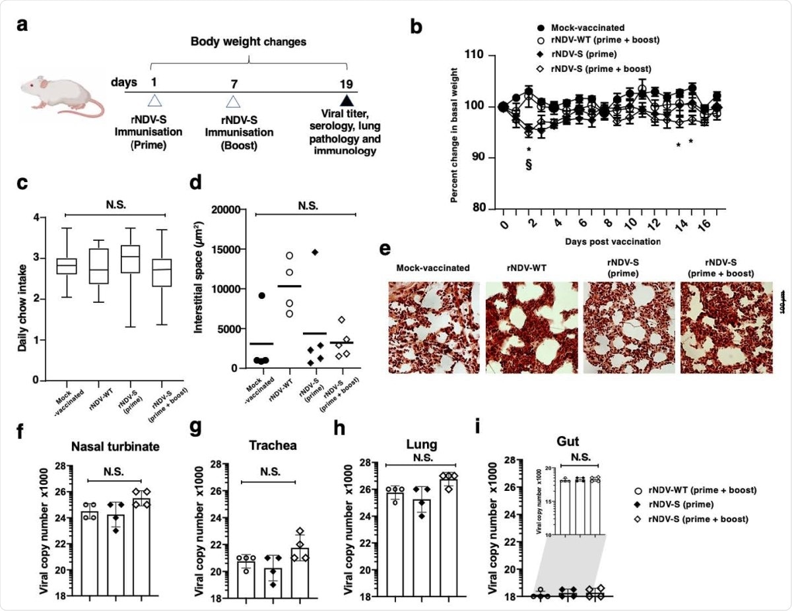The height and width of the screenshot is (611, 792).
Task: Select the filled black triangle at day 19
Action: click(345, 101)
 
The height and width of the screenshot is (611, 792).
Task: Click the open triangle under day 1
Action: click(154, 101)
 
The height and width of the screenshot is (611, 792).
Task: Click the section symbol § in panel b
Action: click(529, 164)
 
